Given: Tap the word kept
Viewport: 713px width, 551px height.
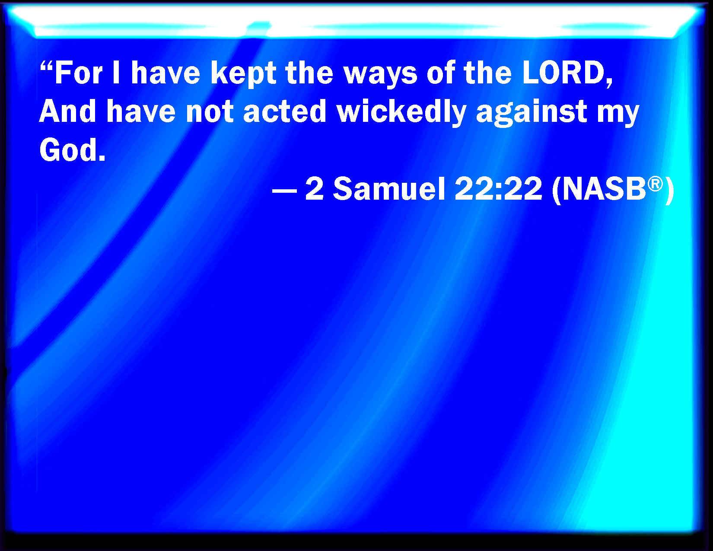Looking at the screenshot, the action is (243, 75).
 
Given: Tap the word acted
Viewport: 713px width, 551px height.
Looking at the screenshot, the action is (284, 111).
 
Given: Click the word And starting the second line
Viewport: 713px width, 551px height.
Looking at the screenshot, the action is (67, 111).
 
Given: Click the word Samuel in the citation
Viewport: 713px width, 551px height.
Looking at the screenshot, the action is (389, 189).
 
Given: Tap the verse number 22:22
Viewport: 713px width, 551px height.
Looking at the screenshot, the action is (499, 189).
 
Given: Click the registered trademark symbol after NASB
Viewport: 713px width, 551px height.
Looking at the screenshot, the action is (655, 184).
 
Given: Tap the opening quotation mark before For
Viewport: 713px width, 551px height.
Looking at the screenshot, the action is (46, 67).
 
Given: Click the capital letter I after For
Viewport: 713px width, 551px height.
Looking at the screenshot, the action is (116, 73).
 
